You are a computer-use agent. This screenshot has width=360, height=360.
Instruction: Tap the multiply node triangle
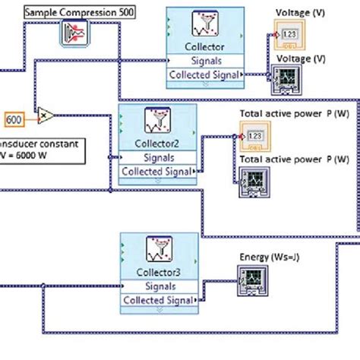tap(46, 115)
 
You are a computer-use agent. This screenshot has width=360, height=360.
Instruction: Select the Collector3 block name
tap(157, 273)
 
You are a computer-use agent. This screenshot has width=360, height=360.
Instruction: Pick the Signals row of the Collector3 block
tap(157, 286)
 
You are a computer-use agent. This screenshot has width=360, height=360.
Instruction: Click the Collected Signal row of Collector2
tap(159, 171)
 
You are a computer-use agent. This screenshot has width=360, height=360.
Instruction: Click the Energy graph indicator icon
tap(250, 283)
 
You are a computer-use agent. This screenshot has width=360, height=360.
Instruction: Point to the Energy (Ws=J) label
tap(267, 257)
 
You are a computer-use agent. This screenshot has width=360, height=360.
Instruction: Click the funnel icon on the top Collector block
tap(204, 26)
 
